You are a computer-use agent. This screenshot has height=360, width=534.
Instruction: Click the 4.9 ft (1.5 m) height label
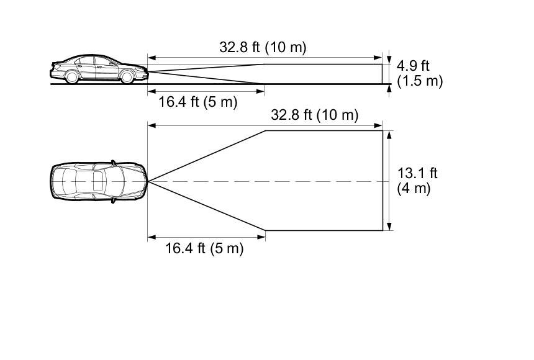(420, 74)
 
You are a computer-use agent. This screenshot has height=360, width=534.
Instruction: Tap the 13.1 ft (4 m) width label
(417, 181)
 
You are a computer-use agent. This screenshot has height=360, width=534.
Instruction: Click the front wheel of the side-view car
(127, 76)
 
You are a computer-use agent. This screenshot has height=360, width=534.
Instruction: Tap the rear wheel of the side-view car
(72, 76)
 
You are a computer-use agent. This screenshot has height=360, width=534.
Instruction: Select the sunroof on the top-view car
(97, 181)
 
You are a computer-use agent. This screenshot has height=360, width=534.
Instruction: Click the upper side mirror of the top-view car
(114, 163)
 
